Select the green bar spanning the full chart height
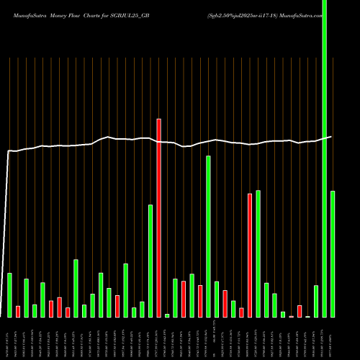pos(325,158)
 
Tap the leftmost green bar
pos(9,295)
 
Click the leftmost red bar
pos(18,311)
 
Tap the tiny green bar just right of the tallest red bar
pos(167,315)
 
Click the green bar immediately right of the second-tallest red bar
pos(258,253)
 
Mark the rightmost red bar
pos(300,311)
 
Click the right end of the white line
pos(332,137)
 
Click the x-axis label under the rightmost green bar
pos(333,338)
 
